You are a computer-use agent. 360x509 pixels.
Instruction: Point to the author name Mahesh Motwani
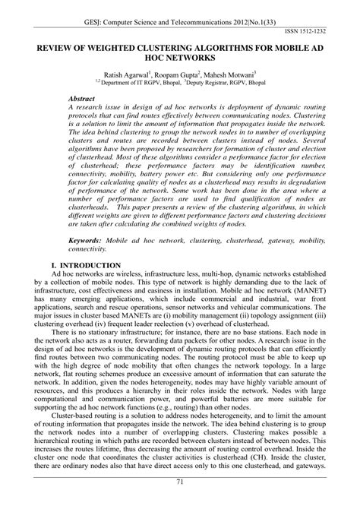pyautogui.click(x=232, y=76)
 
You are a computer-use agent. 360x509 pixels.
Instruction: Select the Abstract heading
pyautogui.click(x=82, y=100)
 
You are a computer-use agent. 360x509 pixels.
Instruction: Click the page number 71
pyautogui.click(x=179, y=502)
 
